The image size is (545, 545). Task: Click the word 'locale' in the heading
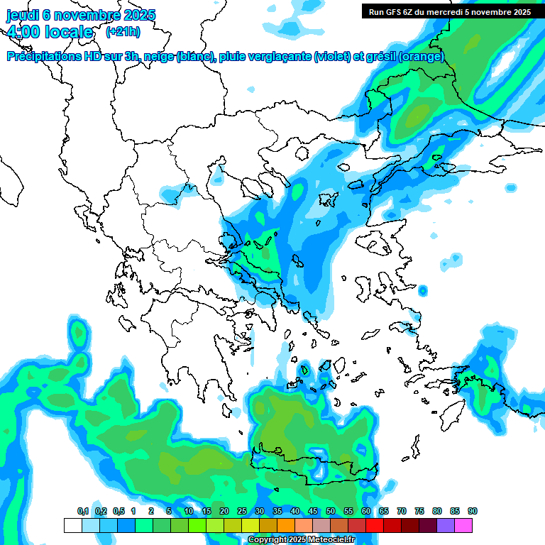point(69,32)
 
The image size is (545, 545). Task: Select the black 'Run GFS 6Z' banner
point(449,12)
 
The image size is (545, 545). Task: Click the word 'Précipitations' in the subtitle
point(43,57)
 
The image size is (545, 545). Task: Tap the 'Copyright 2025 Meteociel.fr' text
point(301,540)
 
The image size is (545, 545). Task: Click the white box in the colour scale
point(72,525)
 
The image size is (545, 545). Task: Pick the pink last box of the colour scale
point(463,525)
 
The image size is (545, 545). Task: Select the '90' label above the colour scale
point(473,511)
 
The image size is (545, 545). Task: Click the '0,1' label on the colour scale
point(83,511)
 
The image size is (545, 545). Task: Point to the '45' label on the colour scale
point(313,511)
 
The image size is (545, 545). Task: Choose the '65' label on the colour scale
point(384,511)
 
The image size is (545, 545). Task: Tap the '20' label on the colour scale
point(224,511)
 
